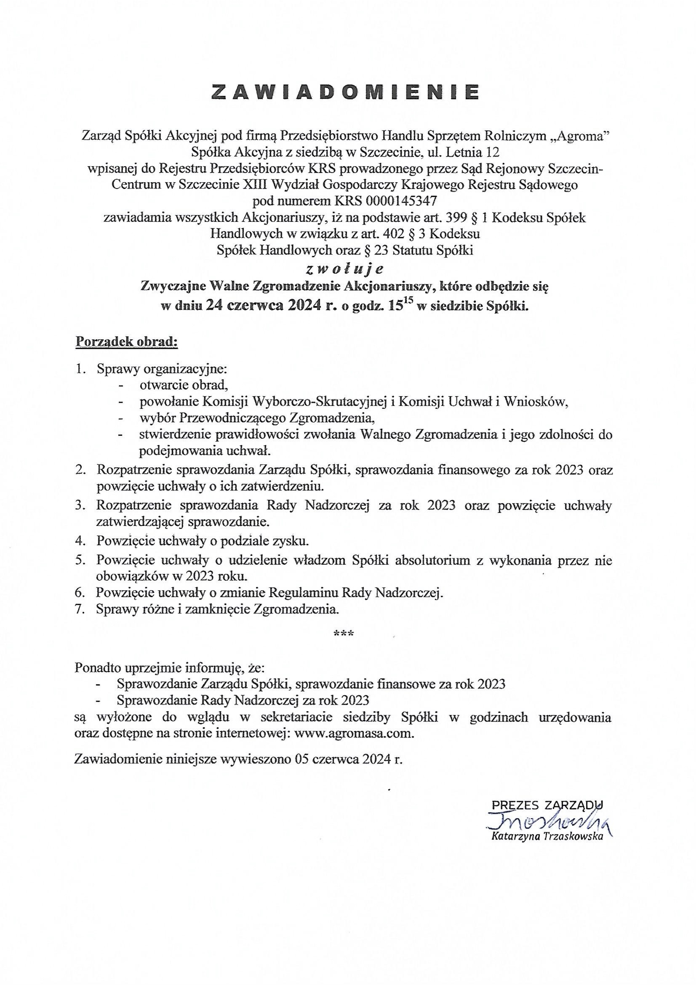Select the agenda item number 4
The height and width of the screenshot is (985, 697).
(79, 540)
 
